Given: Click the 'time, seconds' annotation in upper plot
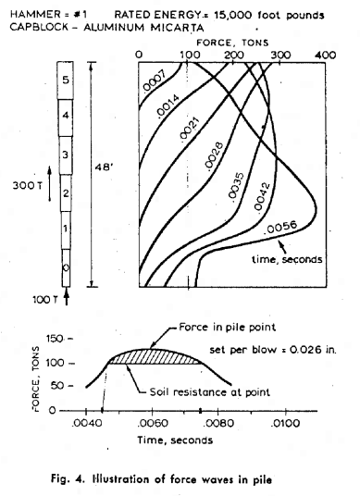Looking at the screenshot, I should (287, 260).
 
